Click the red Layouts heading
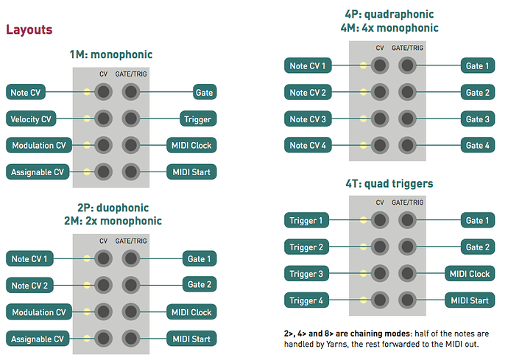point(29,30)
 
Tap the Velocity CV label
point(32,119)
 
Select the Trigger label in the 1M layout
point(197,119)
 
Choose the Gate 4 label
point(477,146)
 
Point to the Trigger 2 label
point(306,247)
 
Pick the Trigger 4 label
point(306,300)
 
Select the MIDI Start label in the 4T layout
point(469,300)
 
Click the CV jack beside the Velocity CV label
point(103,119)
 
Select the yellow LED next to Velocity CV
point(87,119)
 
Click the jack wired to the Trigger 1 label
point(380,221)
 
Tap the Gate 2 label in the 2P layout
point(199,285)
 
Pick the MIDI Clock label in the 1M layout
point(191,146)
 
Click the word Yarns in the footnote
point(332,344)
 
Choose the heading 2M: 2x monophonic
point(113,220)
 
